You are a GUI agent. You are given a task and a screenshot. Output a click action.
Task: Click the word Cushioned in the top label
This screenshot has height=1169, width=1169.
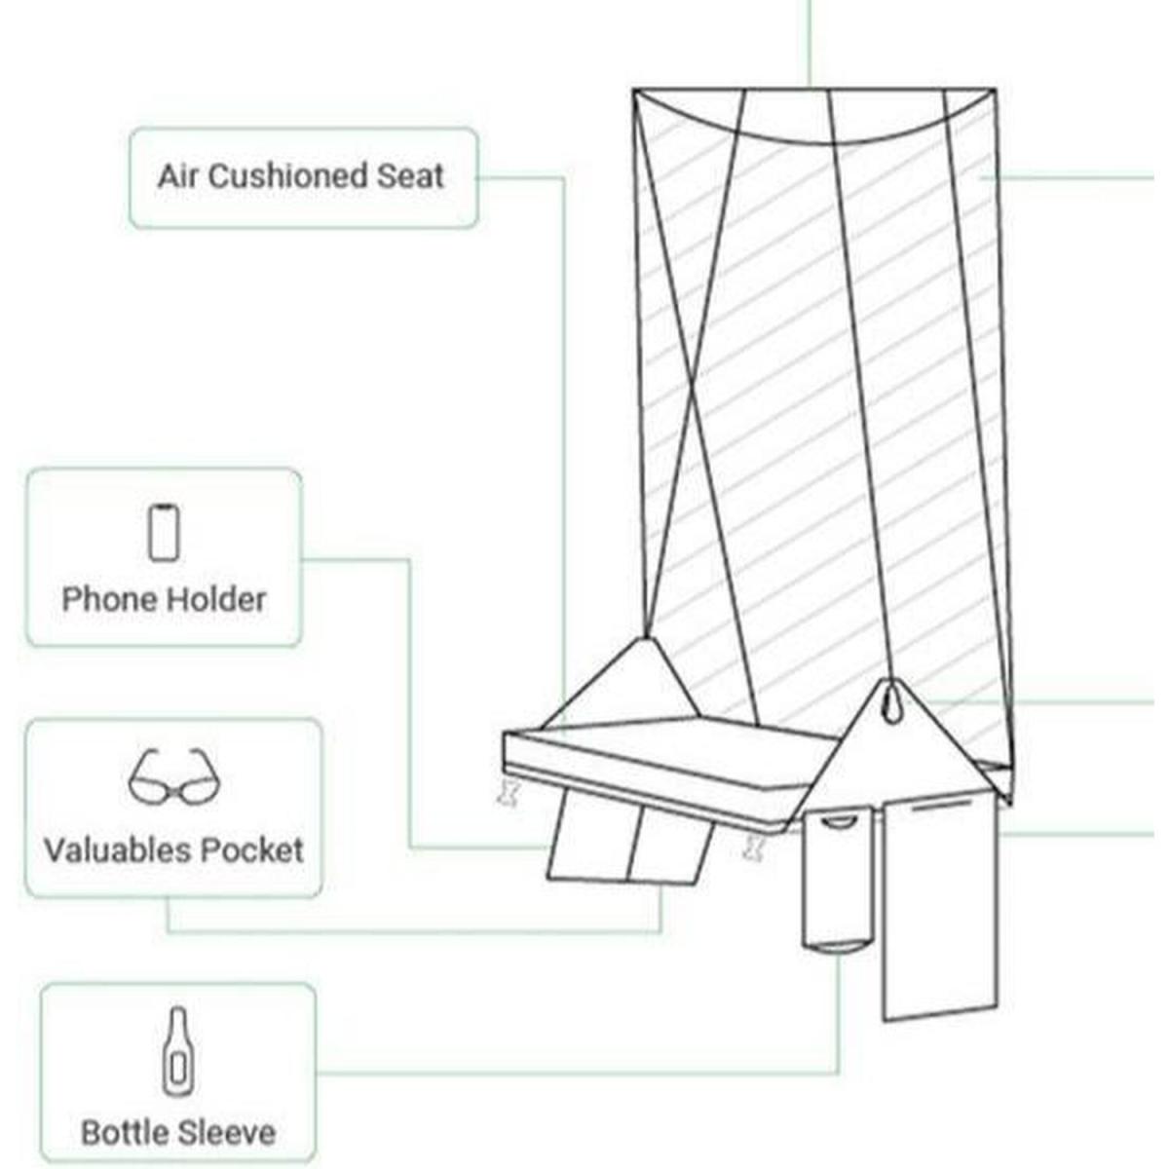287,176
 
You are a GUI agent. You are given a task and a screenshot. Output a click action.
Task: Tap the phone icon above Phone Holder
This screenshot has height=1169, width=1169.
164,532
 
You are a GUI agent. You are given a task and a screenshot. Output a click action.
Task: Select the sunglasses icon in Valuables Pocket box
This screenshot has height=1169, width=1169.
175,776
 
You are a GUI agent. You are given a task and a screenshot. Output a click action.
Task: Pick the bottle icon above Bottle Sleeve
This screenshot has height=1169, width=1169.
177,1050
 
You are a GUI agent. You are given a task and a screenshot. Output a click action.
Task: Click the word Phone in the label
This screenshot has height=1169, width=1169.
105,599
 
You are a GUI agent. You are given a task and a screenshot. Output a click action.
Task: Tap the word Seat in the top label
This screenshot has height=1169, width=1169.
410,176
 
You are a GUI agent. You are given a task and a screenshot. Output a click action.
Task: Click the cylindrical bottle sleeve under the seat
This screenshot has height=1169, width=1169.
835,882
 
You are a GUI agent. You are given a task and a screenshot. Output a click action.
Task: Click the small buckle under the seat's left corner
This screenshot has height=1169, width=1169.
508,792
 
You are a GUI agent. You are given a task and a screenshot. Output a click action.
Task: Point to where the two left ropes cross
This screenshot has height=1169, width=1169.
692,395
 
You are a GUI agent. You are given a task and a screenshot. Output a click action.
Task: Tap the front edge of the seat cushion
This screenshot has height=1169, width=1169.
643,770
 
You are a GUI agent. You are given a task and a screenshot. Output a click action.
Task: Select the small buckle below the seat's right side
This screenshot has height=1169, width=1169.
752,846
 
